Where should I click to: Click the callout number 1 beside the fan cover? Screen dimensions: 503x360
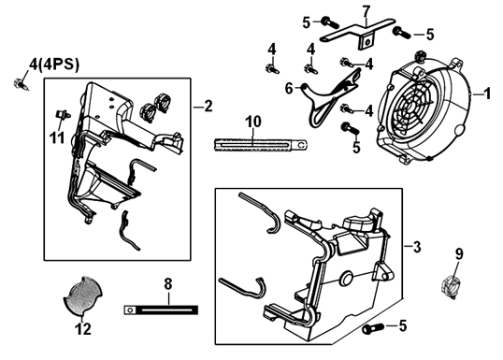(487, 94)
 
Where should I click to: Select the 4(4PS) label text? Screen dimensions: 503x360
(54, 65)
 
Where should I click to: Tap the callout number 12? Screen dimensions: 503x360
(83, 329)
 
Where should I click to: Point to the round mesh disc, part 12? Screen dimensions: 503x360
(82, 295)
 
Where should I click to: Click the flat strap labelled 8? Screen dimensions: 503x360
(161, 310)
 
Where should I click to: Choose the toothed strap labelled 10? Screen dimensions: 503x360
(261, 145)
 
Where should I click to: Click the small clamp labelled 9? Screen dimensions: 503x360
(451, 286)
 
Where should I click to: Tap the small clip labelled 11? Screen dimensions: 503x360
(63, 114)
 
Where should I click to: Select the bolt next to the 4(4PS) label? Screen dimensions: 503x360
(21, 84)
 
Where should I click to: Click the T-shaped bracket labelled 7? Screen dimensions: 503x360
(358, 33)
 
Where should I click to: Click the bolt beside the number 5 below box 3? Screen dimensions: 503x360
(373, 328)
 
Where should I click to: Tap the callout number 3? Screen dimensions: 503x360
(417, 247)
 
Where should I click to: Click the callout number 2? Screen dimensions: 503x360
(208, 107)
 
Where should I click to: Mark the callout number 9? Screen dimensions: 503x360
(459, 254)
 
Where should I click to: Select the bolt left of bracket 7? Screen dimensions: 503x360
(330, 22)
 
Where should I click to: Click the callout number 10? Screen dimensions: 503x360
(253, 122)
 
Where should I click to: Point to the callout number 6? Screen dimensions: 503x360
(289, 89)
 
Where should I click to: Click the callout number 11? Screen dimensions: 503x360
(57, 137)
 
